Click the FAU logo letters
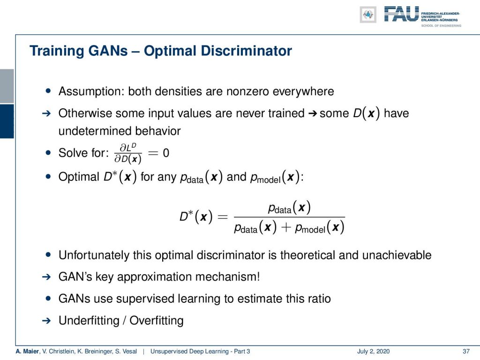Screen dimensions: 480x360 [401, 14]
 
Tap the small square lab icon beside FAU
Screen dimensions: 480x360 [368, 15]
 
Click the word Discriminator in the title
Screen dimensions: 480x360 [217, 51]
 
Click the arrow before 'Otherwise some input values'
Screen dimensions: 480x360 [46, 113]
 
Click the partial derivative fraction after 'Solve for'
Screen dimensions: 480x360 [127, 153]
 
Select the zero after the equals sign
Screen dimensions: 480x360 [166, 153]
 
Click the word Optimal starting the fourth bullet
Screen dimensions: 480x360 [79, 177]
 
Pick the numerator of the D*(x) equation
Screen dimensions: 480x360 [289, 208]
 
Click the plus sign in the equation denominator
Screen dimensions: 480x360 [285, 227]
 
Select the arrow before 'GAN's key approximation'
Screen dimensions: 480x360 [46, 277]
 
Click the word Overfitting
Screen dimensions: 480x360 [157, 321]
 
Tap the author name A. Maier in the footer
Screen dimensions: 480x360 [27, 352]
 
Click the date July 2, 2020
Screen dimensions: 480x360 [373, 352]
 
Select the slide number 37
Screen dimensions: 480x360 [466, 352]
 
